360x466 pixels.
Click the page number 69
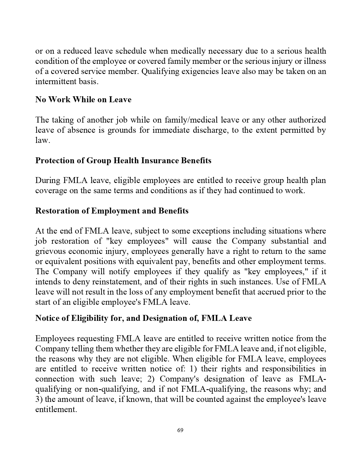(x=180, y=430)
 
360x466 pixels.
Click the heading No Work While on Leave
(x=83, y=99)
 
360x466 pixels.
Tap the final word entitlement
(x=56, y=410)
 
